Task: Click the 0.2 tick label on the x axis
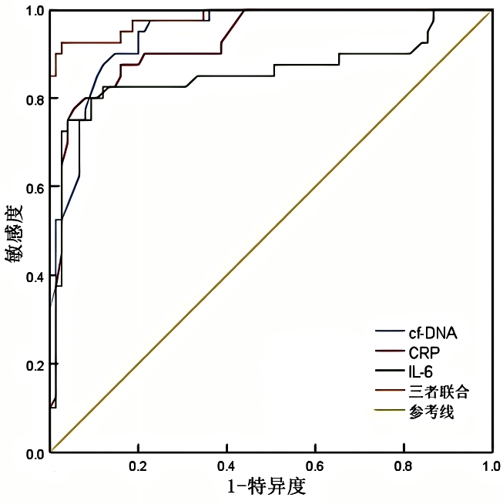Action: [138, 467]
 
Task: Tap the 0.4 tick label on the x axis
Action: [226, 467]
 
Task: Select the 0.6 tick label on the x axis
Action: [314, 467]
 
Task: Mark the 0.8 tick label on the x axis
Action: [403, 467]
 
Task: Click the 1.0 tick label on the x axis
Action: [491, 467]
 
